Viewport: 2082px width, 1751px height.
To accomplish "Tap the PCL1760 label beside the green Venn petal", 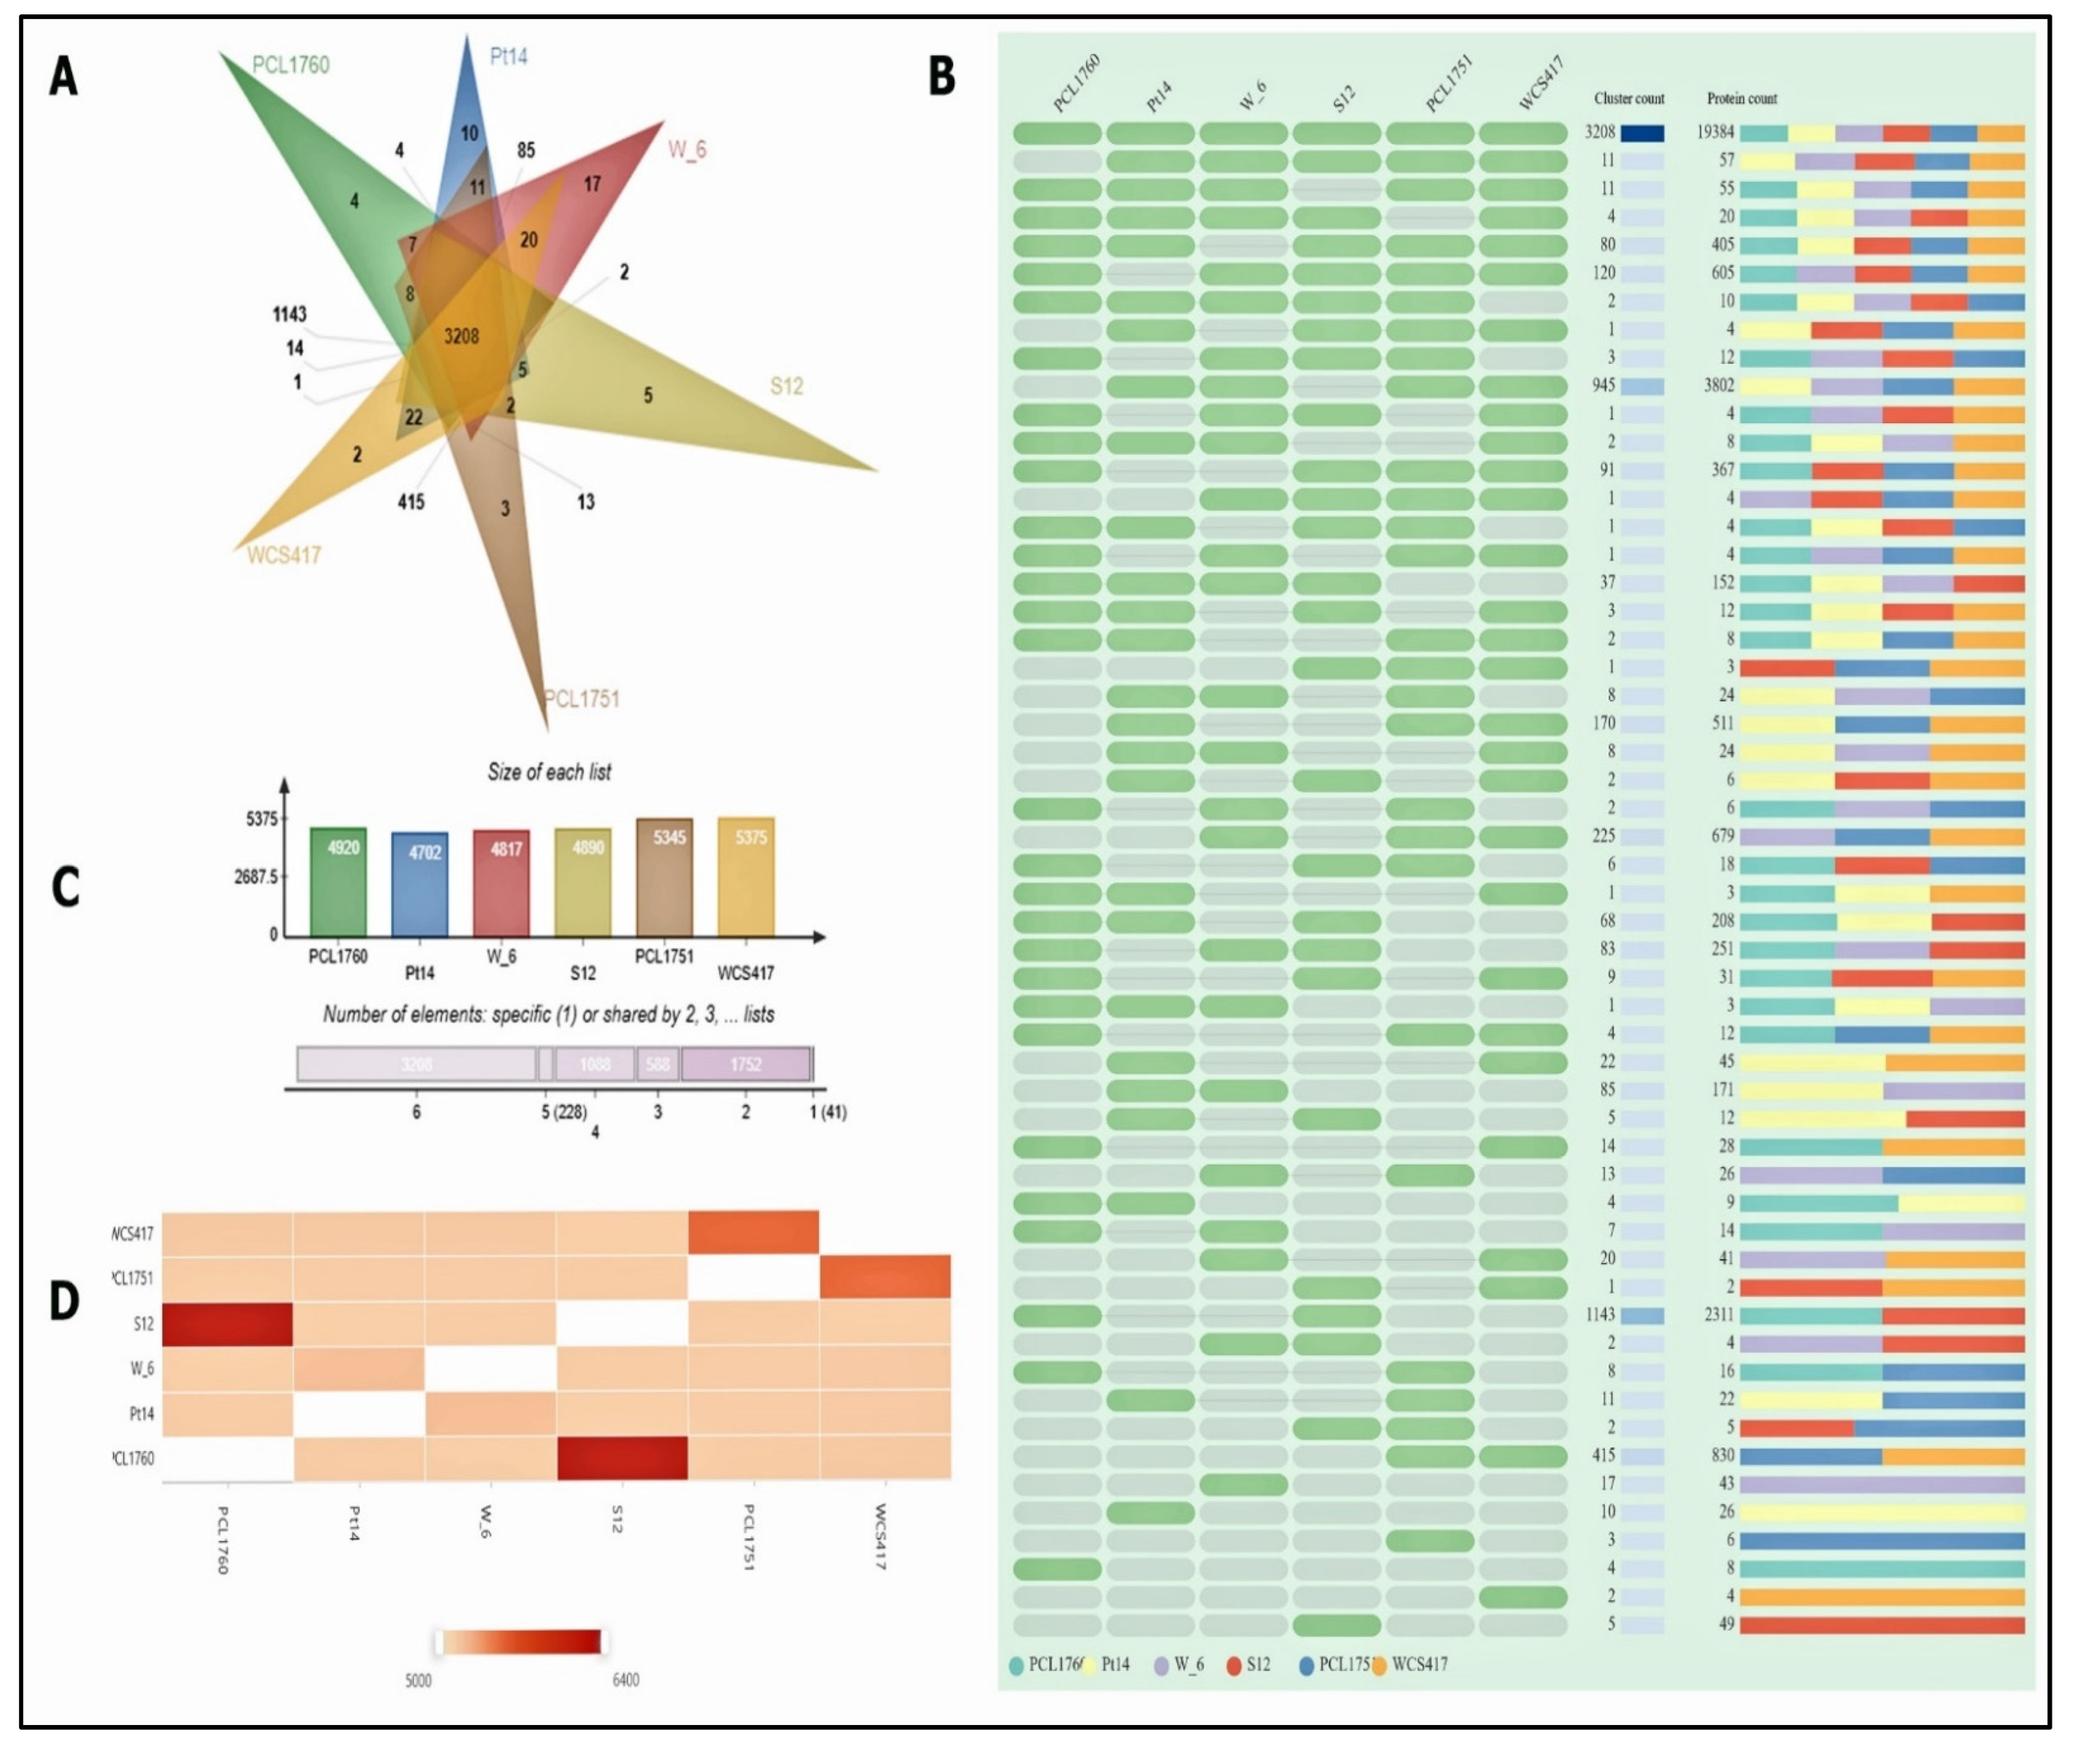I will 290,66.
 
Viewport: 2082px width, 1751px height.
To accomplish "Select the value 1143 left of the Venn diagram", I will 289,315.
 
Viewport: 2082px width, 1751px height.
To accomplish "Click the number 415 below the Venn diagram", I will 411,502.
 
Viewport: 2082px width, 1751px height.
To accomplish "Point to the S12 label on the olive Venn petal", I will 787,386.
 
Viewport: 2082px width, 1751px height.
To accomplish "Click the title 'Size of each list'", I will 549,772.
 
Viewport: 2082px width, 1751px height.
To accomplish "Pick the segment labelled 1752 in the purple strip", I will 746,1065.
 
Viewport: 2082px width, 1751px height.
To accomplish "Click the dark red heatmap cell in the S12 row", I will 227,1324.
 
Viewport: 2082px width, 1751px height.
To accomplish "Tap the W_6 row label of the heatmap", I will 141,1369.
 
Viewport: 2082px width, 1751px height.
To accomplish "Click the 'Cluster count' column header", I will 1628,98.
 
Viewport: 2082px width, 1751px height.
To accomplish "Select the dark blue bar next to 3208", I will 1642,133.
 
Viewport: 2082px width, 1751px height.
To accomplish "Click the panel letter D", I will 64,1301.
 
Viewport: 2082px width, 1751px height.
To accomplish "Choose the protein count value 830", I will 1722,1455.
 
